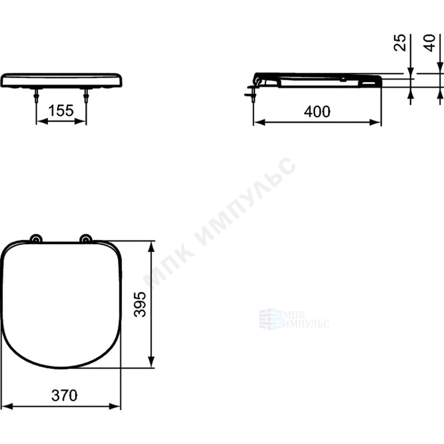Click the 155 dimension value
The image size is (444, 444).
pyautogui.click(x=61, y=110)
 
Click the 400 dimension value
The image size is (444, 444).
pyautogui.click(x=317, y=112)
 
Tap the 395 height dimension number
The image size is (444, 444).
pyautogui.click(x=140, y=304)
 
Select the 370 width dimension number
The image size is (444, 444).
pyautogui.click(x=64, y=395)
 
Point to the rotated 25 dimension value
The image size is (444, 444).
pyautogui.click(x=400, y=43)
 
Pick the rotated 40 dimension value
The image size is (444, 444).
pyautogui.click(x=430, y=43)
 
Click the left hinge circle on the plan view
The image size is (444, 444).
pyautogui.click(x=36, y=239)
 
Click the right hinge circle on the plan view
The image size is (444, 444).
pyautogui.click(x=85, y=239)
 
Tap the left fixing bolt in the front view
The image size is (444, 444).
pyautogui.click(x=36, y=95)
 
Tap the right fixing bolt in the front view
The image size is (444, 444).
pyautogui.click(x=86, y=95)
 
